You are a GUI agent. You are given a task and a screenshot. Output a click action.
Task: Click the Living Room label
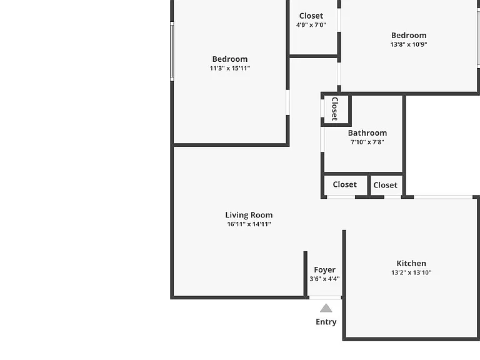coord(249,215)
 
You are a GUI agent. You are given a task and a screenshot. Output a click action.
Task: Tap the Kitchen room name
coord(411,263)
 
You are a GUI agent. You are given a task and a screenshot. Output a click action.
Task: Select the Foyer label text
coord(324,270)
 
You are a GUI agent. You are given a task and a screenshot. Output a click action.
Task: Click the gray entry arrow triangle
coord(326,308)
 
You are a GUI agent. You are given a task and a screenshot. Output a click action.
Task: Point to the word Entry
coord(326,322)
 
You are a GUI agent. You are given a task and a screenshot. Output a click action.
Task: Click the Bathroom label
coord(367,133)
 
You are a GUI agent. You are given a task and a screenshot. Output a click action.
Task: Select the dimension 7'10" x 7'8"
coord(367,142)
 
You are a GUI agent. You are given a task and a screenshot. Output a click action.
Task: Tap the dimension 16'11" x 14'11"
coord(249,224)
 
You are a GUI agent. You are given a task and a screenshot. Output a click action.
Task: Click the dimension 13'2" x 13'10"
coord(411,272)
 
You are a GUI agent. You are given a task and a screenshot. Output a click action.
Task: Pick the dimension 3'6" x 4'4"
coord(324,279)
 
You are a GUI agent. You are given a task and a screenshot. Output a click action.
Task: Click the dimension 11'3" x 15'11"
coord(230,68)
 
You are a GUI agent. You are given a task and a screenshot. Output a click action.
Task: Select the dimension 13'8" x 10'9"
coord(409,44)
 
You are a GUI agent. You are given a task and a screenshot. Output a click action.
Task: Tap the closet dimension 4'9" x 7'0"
coord(311,25)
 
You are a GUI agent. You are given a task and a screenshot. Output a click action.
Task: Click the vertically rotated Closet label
coord(335,109)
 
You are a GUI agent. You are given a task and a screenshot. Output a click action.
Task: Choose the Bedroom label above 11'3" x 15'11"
coord(230,59)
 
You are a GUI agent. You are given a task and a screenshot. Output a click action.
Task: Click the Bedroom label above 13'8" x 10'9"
coord(409,35)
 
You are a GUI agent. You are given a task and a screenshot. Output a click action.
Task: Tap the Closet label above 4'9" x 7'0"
coord(311,16)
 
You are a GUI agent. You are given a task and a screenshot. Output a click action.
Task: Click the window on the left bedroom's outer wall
coord(172,51)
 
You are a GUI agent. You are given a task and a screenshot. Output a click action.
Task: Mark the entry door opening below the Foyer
coord(325,297)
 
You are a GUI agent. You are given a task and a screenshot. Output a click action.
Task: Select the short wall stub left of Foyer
coord(305,274)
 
